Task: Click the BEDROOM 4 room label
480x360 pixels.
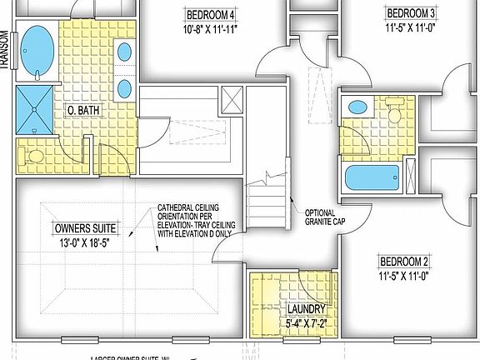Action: (210, 14)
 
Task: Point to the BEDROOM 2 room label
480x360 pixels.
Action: (403, 259)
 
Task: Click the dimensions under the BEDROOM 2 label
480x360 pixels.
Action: (403, 273)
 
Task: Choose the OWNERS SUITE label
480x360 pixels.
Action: (85, 228)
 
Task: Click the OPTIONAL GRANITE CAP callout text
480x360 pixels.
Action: (325, 217)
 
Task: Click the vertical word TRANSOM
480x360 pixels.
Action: (5, 51)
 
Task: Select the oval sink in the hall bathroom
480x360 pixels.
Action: (357, 107)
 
